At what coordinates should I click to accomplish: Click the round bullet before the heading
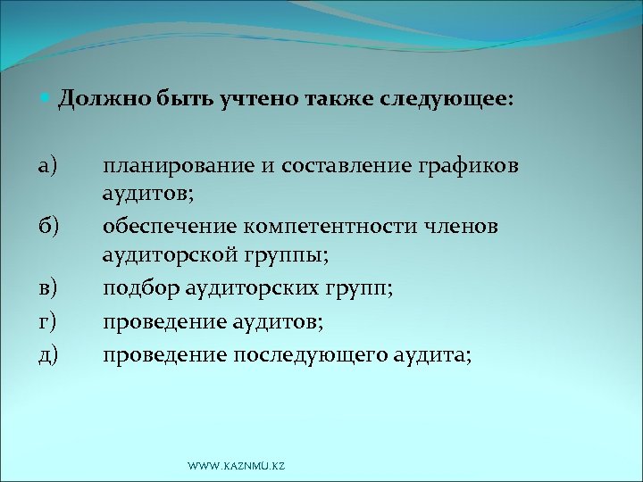pyautogui.click(x=47, y=99)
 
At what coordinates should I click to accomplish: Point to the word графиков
pyautogui.click(x=474, y=165)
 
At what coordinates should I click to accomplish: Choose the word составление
pyautogui.click(x=340, y=165)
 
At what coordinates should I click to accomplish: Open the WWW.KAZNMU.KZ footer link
pyautogui.click(x=237, y=467)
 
